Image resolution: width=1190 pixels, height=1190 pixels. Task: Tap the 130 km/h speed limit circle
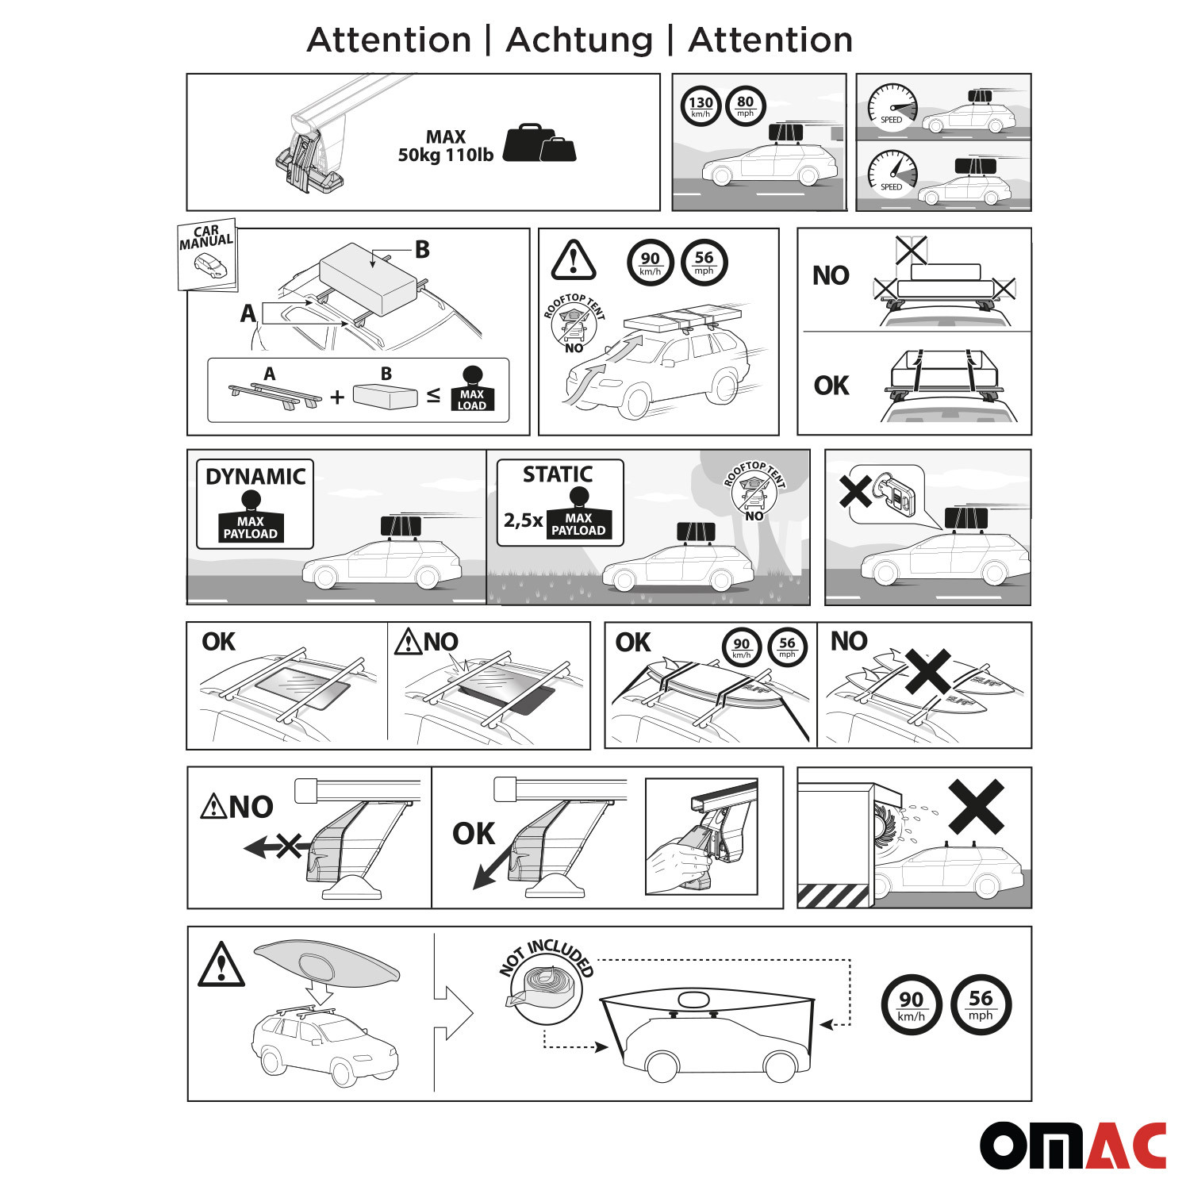tap(701, 106)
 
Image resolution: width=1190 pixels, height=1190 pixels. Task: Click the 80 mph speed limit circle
tap(745, 106)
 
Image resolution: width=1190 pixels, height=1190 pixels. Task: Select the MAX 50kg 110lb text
tap(446, 146)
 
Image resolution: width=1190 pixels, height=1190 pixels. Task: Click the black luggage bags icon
tap(539, 143)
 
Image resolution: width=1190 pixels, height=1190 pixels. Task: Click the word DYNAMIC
tap(255, 476)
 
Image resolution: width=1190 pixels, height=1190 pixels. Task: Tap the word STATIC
tap(558, 474)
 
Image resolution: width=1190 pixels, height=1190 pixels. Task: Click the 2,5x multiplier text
tap(523, 520)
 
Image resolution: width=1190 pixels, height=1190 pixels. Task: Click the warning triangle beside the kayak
tap(221, 965)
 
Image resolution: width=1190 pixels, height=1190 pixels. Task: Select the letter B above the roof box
tap(422, 249)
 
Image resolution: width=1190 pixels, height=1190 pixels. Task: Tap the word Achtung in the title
tap(579, 40)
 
